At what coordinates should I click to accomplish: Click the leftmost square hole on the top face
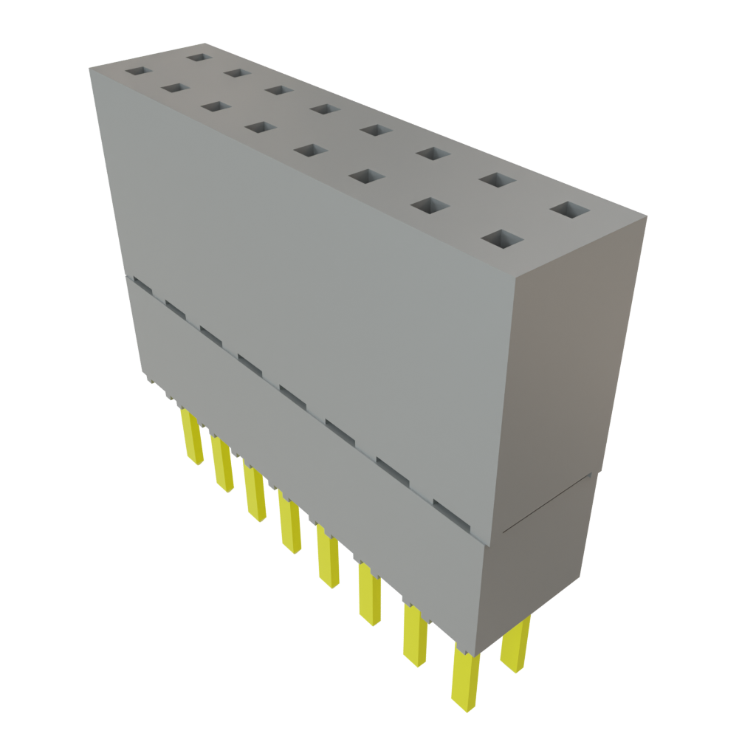click(137, 72)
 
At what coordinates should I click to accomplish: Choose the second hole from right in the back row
click(496, 179)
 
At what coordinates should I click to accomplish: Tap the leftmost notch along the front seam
click(140, 284)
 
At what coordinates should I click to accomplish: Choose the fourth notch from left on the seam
click(251, 361)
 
